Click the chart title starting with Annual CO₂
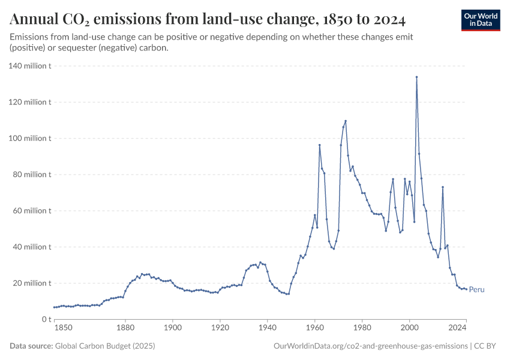click(208, 20)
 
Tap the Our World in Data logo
click(481, 20)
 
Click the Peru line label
click(476, 290)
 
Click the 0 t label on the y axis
click(45, 319)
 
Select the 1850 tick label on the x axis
click(63, 328)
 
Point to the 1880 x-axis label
click(125, 328)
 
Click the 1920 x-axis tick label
click(220, 328)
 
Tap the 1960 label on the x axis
click(314, 328)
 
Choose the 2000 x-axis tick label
click(409, 328)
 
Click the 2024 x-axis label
click(457, 328)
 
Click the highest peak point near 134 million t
click(416, 77)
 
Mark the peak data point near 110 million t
click(346, 121)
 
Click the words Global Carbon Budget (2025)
click(103, 346)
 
